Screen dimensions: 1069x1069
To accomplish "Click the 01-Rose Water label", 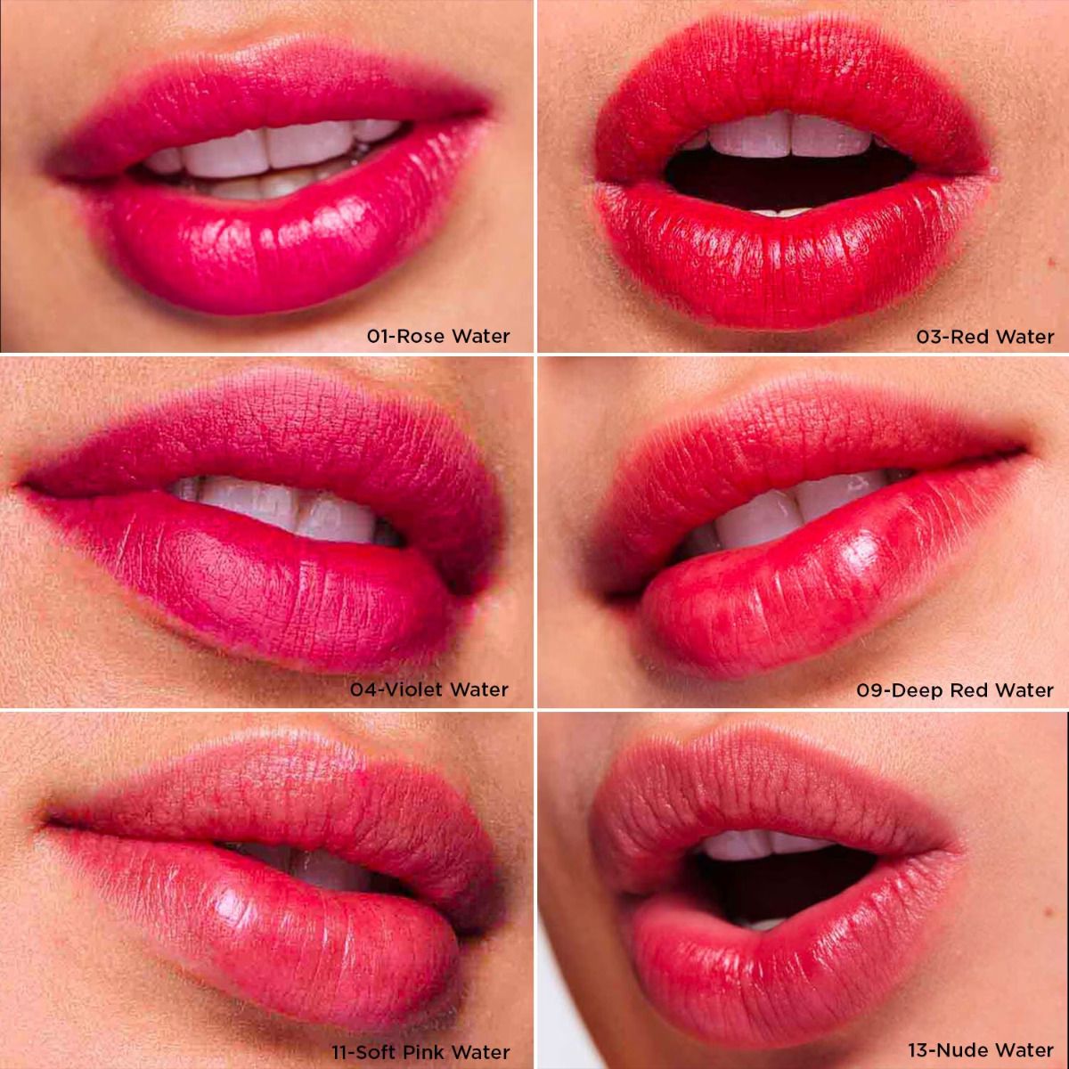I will click(x=438, y=336).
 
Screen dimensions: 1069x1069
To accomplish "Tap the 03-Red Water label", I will click(x=985, y=336).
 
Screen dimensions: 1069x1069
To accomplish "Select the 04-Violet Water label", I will click(x=429, y=689).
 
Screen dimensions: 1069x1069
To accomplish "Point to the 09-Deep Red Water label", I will click(x=955, y=690).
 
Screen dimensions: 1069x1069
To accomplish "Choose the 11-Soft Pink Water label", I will click(x=420, y=1051).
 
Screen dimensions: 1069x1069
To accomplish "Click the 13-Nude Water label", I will click(x=981, y=1050).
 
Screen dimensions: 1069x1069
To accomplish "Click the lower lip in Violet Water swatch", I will click(x=267, y=588).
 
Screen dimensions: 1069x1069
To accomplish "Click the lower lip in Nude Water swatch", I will click(x=793, y=962).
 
